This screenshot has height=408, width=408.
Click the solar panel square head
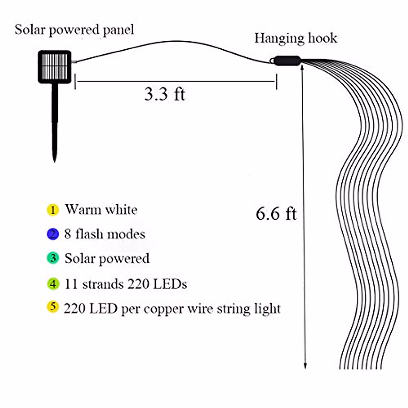[54, 67]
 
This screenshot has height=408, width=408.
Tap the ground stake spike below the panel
[54, 122]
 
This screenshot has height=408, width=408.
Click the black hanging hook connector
[287, 61]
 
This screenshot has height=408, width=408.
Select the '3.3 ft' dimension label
[165, 93]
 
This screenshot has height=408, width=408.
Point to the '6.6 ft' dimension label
[276, 214]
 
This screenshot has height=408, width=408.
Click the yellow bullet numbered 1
[53, 210]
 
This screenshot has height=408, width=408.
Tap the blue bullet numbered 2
[53, 234]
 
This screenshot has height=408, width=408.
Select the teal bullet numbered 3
[53, 258]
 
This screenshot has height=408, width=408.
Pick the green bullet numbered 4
[53, 284]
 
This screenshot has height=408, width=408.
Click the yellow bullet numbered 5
[53, 307]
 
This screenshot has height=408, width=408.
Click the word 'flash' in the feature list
[89, 234]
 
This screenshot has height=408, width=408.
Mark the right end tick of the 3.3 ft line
[276, 82]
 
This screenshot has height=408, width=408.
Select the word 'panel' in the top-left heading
[119, 30]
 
